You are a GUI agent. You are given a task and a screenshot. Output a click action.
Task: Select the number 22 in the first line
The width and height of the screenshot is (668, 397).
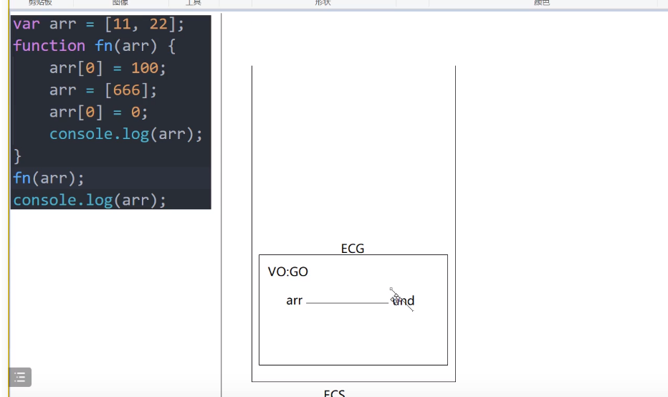(x=158, y=24)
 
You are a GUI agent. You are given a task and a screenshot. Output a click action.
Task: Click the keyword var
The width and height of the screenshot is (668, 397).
(x=27, y=24)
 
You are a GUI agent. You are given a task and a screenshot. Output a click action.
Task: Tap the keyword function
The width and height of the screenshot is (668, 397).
(x=49, y=46)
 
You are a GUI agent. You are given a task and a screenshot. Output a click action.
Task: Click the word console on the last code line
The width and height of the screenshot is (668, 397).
(x=44, y=200)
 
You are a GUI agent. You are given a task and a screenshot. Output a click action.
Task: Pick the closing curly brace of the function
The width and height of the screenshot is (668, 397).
(x=18, y=156)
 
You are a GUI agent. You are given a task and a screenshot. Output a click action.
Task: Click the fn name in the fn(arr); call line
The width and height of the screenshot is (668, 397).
(x=22, y=178)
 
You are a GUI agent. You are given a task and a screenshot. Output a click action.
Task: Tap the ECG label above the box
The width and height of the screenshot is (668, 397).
(x=353, y=249)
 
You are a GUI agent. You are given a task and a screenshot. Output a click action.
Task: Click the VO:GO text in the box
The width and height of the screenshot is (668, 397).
(x=288, y=272)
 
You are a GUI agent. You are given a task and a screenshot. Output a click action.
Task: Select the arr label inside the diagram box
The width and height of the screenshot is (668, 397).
(x=294, y=301)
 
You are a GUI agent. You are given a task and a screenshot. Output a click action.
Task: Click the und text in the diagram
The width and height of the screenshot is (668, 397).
(x=404, y=301)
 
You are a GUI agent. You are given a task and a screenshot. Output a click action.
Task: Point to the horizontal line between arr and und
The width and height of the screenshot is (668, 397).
(x=348, y=303)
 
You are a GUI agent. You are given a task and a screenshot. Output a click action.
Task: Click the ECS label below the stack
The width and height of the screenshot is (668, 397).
(x=335, y=393)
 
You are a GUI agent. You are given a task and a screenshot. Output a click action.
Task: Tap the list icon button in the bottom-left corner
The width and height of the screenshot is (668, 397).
(x=20, y=377)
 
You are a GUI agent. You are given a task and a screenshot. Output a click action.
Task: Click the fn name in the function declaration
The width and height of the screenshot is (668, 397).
(x=104, y=46)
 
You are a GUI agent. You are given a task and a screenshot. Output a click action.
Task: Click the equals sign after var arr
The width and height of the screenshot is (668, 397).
(x=90, y=24)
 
